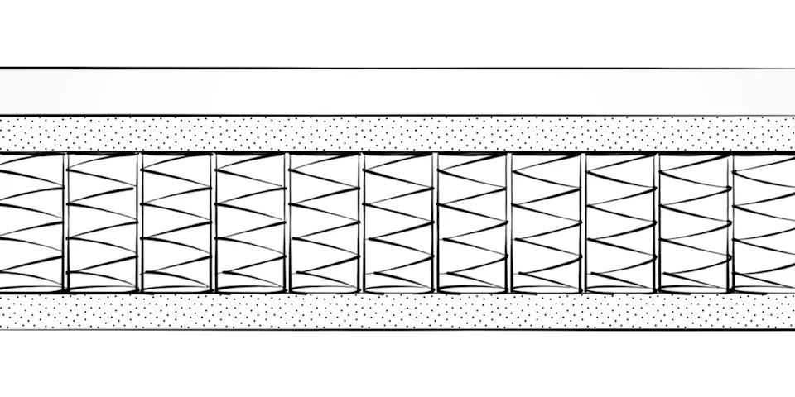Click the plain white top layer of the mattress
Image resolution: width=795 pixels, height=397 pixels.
click(397, 92)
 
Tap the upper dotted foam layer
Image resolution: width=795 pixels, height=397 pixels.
click(397, 133)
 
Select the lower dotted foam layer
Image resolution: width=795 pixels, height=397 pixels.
click(397, 311)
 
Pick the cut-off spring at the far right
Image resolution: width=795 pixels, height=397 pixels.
click(764, 222)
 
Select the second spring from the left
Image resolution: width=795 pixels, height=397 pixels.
click(101, 222)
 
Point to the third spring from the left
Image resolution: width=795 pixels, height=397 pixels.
click(176, 222)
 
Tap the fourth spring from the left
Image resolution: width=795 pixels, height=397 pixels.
click(250, 222)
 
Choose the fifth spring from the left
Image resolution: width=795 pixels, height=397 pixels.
click(325, 222)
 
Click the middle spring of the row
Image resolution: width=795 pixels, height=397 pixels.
click(399, 222)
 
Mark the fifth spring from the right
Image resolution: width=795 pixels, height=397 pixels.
click(473, 222)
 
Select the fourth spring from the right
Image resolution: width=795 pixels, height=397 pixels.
click(547, 222)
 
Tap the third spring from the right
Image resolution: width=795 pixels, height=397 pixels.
click(620, 222)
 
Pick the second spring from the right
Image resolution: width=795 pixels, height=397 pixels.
click(694, 222)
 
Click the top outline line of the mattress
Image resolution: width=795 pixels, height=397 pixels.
click(397, 69)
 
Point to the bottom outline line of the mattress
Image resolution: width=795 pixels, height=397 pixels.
click(397, 329)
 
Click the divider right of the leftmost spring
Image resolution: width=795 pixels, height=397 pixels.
click(65, 222)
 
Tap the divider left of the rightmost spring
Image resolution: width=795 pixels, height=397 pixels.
click(730, 222)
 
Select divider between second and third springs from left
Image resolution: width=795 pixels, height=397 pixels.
click(139, 222)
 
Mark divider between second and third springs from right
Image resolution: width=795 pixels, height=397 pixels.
click(658, 222)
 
